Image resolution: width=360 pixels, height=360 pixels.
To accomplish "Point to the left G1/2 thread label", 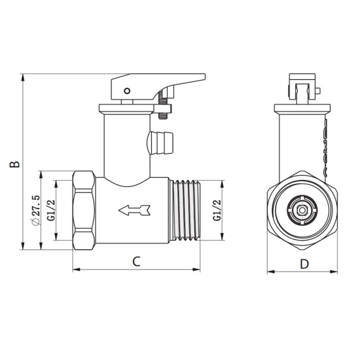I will [x=50, y=210].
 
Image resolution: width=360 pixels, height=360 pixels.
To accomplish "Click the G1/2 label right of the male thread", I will [x=218, y=210].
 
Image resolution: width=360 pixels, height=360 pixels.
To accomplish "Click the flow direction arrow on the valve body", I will [x=134, y=210].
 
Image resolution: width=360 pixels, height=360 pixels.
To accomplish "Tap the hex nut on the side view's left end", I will [x=84, y=210].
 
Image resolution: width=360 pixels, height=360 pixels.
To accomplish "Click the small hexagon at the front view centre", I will [x=302, y=211].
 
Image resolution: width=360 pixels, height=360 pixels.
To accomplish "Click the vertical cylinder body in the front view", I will [x=302, y=144].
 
